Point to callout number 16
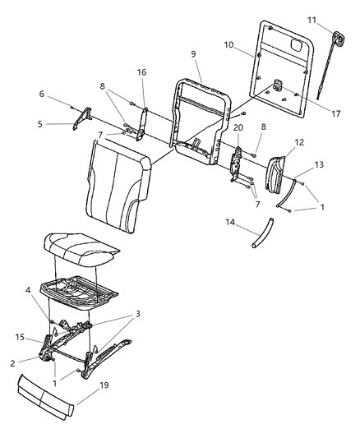tap(141, 73)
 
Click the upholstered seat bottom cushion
tap(82, 246)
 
